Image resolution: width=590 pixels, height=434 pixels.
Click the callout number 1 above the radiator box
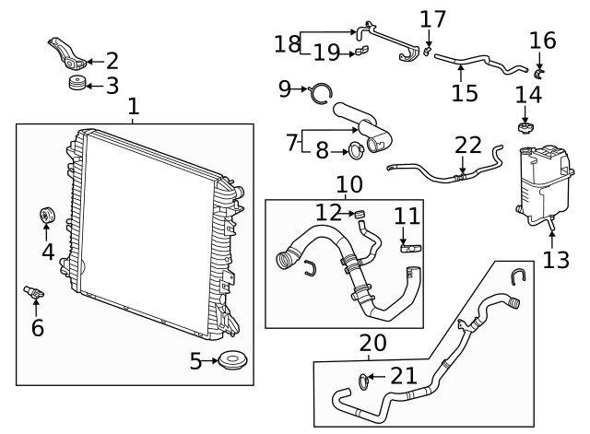click(134, 107)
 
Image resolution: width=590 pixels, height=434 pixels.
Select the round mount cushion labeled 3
click(77, 83)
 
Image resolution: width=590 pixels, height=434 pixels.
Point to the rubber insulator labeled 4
click(47, 215)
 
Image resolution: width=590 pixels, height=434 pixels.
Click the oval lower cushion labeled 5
click(232, 360)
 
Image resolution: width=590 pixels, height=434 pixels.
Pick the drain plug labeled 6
click(33, 292)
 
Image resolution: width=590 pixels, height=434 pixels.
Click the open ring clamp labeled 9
click(321, 92)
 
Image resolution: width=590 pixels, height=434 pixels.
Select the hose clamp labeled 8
click(356, 150)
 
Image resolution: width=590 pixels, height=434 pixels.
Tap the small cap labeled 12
click(360, 215)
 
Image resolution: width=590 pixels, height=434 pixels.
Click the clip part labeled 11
click(410, 249)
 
